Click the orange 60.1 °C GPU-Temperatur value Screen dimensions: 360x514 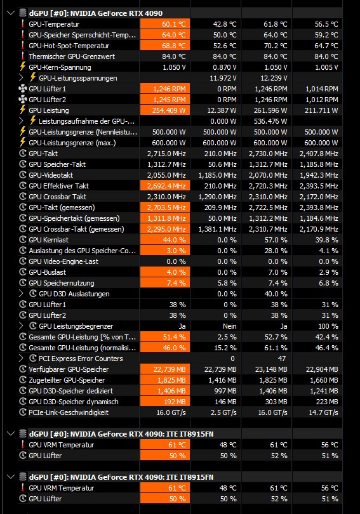coord(165,24)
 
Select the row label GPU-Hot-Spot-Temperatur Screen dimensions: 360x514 coord(69,46)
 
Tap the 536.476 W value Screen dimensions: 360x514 coord(270,121)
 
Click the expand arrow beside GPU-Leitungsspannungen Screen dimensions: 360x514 coord(21,78)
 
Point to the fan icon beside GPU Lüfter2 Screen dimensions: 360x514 coord(23,100)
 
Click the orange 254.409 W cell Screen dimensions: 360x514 coord(165,110)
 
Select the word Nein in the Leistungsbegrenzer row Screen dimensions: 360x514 coord(229,326)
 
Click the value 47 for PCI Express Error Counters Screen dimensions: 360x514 coord(282,359)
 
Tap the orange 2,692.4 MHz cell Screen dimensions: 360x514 coord(165,186)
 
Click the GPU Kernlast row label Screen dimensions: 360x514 coord(48,240)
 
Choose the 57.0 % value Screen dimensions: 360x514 coord(276,240)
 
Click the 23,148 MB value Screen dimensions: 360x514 coord(271,369)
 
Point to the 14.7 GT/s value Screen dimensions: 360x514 coord(323,412)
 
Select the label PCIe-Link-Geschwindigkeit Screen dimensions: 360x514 coord(69,412)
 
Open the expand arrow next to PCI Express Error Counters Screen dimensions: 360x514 coord(21,359)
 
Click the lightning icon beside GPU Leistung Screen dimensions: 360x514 coord(23,110)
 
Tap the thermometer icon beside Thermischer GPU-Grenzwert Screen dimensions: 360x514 coord(23,56)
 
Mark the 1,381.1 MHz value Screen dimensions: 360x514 coord(217,229)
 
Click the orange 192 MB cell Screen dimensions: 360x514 coord(165,402)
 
